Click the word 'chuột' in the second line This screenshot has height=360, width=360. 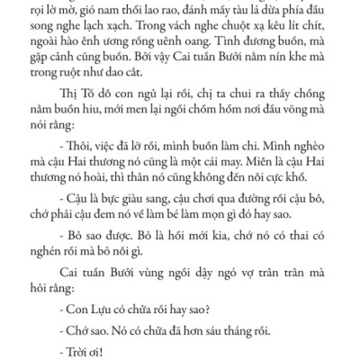coord(225,26)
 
